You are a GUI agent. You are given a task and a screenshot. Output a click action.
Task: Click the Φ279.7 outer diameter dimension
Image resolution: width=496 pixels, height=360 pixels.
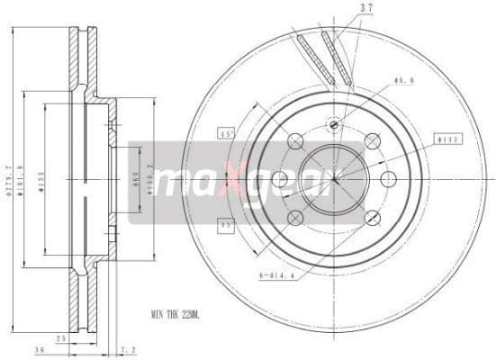click(10, 179)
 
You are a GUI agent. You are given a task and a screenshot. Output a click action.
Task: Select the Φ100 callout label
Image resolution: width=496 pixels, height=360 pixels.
click(447, 139)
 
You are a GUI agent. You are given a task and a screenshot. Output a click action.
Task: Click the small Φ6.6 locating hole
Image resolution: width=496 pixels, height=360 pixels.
click(334, 124)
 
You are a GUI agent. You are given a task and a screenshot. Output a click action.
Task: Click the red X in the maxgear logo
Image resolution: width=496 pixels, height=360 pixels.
click(231, 184)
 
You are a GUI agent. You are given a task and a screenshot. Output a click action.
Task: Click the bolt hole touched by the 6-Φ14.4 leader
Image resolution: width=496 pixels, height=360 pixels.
click(295, 217)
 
